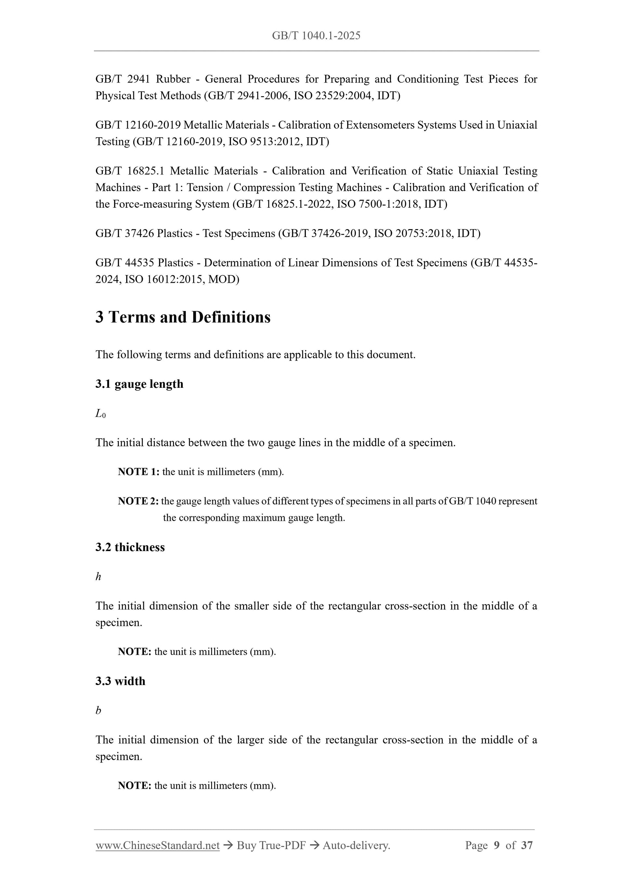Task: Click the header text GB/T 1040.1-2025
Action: tap(316, 36)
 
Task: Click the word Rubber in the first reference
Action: tap(173, 79)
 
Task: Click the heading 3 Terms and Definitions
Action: tap(183, 317)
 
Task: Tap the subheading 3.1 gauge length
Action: tap(139, 384)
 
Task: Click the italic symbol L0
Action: tap(100, 414)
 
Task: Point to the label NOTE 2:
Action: tap(138, 501)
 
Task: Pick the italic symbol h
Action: tap(98, 576)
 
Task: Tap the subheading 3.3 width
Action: tap(120, 681)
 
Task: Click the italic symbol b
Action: tap(98, 710)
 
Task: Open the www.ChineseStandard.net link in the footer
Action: tap(157, 845)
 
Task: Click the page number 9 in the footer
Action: tap(496, 845)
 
